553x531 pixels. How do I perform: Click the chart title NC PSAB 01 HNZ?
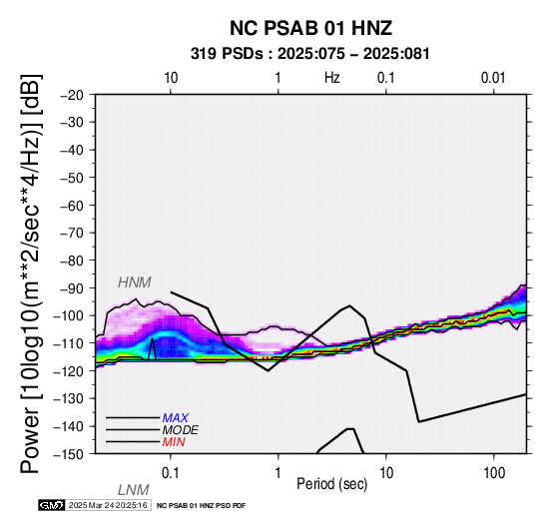[310, 28]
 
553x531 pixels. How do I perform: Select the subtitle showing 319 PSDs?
[310, 54]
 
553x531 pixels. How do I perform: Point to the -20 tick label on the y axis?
[72, 95]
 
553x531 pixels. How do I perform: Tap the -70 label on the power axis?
[72, 233]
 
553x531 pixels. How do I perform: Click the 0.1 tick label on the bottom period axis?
[171, 473]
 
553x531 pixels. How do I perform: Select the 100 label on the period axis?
[494, 473]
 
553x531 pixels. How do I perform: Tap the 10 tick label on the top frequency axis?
[171, 78]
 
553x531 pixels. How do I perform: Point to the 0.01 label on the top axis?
[493, 78]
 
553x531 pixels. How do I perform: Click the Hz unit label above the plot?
[331, 78]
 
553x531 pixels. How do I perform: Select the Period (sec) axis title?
[331, 484]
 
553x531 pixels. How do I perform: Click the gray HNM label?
[135, 282]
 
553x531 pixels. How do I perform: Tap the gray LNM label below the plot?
[134, 490]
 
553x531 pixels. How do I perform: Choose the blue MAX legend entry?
[176, 418]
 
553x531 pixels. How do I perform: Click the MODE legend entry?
[181, 430]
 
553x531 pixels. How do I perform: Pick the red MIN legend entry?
[174, 442]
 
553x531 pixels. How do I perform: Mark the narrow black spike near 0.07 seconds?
[152, 348]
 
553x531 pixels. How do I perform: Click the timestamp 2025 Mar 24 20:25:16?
[108, 505]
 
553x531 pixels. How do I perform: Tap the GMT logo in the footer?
[52, 505]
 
